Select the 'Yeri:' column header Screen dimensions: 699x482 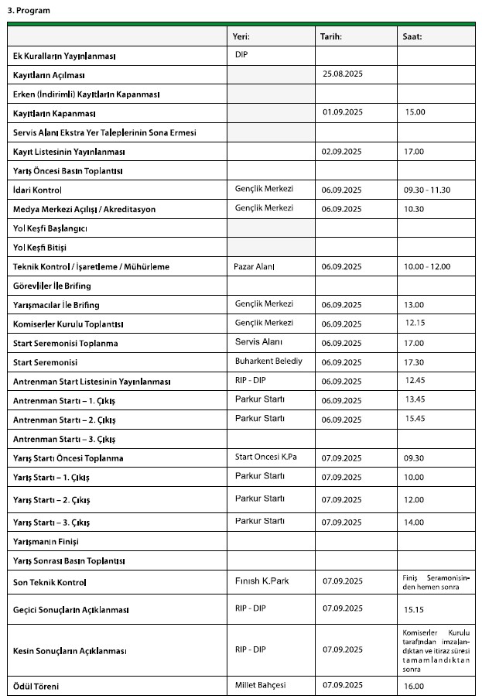[241, 36]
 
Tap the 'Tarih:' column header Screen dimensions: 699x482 [330, 36]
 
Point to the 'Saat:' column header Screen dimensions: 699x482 [412, 36]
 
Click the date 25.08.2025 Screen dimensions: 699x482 [342, 74]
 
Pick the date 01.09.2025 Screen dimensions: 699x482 [342, 112]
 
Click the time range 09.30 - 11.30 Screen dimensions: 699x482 [427, 190]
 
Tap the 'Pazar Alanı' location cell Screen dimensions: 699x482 [255, 266]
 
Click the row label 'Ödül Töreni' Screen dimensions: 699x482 [36, 687]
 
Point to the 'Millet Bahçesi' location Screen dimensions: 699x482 [261, 685]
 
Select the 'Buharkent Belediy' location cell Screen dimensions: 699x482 [268, 361]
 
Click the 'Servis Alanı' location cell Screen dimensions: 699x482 [258, 342]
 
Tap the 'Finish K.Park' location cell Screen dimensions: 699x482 [262, 581]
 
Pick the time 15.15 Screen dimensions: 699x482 [415, 610]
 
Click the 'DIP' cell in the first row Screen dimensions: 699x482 [241, 55]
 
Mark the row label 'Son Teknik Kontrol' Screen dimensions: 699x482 [50, 582]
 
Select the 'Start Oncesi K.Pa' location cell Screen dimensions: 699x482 [265, 457]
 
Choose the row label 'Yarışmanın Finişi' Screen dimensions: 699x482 [46, 542]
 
